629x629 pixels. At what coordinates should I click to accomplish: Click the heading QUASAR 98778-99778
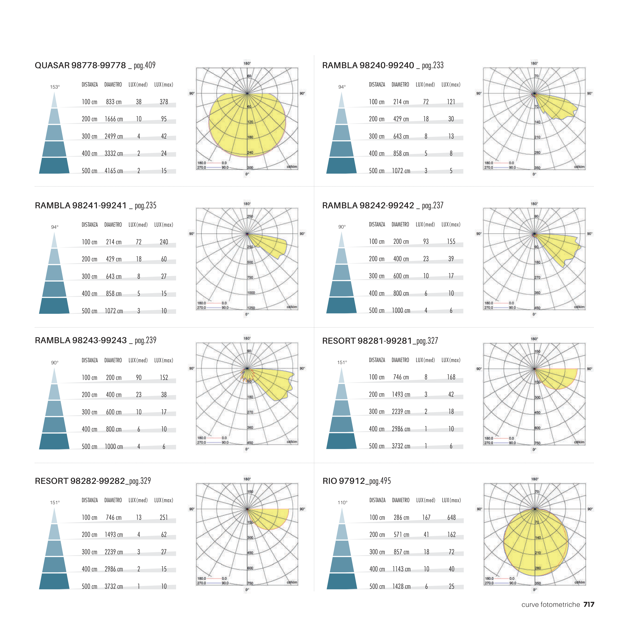[80, 65]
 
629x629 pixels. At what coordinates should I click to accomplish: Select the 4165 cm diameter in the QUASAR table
[114, 171]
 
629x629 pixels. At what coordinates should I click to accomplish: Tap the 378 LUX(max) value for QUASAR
[164, 102]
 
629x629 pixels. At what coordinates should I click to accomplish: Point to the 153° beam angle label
[55, 87]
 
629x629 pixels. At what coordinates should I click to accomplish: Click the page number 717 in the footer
[589, 605]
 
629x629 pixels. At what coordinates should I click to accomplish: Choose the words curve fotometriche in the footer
[551, 605]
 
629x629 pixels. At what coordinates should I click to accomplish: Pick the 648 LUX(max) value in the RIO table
[451, 518]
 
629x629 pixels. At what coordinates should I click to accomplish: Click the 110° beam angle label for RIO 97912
[342, 503]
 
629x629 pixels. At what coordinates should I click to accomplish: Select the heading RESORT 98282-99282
[80, 481]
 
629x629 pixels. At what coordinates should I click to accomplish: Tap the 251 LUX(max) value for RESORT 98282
[164, 518]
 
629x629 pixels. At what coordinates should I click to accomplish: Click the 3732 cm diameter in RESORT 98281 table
[401, 446]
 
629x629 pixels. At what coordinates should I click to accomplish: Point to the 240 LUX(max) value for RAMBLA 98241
[164, 242]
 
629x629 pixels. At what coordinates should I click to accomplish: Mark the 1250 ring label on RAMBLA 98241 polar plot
[251, 308]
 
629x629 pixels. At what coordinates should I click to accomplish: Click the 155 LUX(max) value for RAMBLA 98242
[451, 242]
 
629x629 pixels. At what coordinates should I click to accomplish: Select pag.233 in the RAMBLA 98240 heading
[433, 65]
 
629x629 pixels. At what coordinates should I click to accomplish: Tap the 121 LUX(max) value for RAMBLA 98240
[451, 102]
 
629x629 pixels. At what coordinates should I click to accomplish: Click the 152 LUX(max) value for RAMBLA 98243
[164, 378]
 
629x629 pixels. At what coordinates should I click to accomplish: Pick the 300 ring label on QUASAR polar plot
[250, 168]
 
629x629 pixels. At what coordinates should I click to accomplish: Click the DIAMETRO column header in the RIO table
[401, 500]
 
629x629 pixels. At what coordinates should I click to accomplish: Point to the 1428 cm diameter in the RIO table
[401, 586]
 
